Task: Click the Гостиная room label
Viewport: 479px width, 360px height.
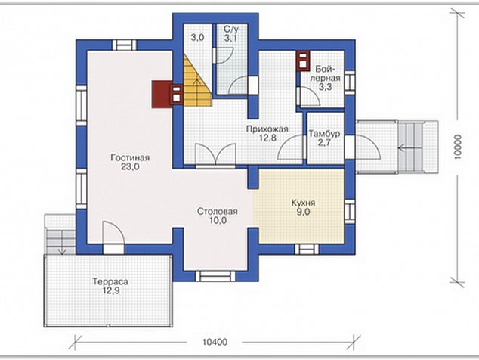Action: point(130,158)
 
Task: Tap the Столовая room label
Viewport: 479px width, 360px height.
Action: point(218,211)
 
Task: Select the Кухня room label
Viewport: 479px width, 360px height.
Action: point(303,203)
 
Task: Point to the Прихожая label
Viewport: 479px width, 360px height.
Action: point(267,129)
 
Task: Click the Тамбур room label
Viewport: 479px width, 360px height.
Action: point(324,134)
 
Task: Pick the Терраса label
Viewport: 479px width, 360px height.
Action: point(110,281)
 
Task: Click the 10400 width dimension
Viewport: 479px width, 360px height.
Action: point(215,342)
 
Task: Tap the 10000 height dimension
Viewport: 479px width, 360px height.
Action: point(457,147)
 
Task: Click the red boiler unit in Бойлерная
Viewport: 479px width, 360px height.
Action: point(303,61)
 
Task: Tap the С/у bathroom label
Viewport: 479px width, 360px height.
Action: point(230,29)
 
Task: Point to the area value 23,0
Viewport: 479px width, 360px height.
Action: point(130,167)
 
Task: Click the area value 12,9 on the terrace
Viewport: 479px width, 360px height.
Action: point(110,290)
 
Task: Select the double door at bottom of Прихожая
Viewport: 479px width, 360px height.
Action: point(215,154)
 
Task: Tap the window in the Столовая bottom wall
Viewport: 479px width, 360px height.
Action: point(215,276)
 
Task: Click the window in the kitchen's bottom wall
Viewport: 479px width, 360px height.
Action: point(307,250)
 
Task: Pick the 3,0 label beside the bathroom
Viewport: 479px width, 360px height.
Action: point(198,38)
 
